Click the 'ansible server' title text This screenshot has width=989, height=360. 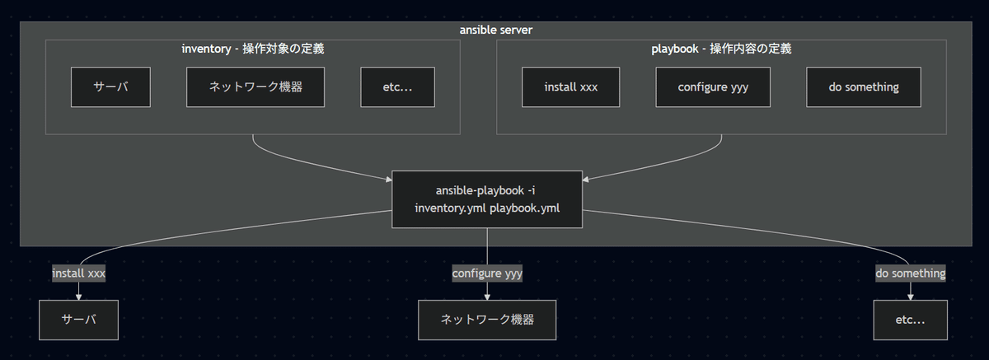pos(496,30)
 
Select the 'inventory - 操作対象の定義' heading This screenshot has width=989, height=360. pos(252,49)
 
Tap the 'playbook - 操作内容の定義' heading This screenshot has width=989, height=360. pos(721,49)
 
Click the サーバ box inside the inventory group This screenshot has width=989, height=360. pos(110,87)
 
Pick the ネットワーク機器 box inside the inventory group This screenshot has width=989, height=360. pos(255,87)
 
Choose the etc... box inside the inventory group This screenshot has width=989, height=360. pos(398,87)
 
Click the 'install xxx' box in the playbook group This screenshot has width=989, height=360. pos(571,87)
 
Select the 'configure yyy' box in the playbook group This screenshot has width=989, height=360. pos(713,87)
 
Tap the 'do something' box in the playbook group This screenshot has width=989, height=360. pos(863,87)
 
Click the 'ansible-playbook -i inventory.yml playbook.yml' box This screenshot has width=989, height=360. pos(487,199)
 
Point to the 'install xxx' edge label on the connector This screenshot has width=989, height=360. pos(79,273)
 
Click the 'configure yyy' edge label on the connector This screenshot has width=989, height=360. pos(487,273)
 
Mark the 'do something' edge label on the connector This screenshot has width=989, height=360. pos(911,273)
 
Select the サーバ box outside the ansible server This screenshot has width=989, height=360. pos(79,320)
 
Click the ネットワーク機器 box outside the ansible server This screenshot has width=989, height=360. pos(487,320)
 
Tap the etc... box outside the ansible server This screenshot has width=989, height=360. pos(911,320)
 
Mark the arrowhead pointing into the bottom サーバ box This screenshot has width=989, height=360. pos(79,297)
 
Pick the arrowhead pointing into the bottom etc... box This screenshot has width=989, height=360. pos(911,297)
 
